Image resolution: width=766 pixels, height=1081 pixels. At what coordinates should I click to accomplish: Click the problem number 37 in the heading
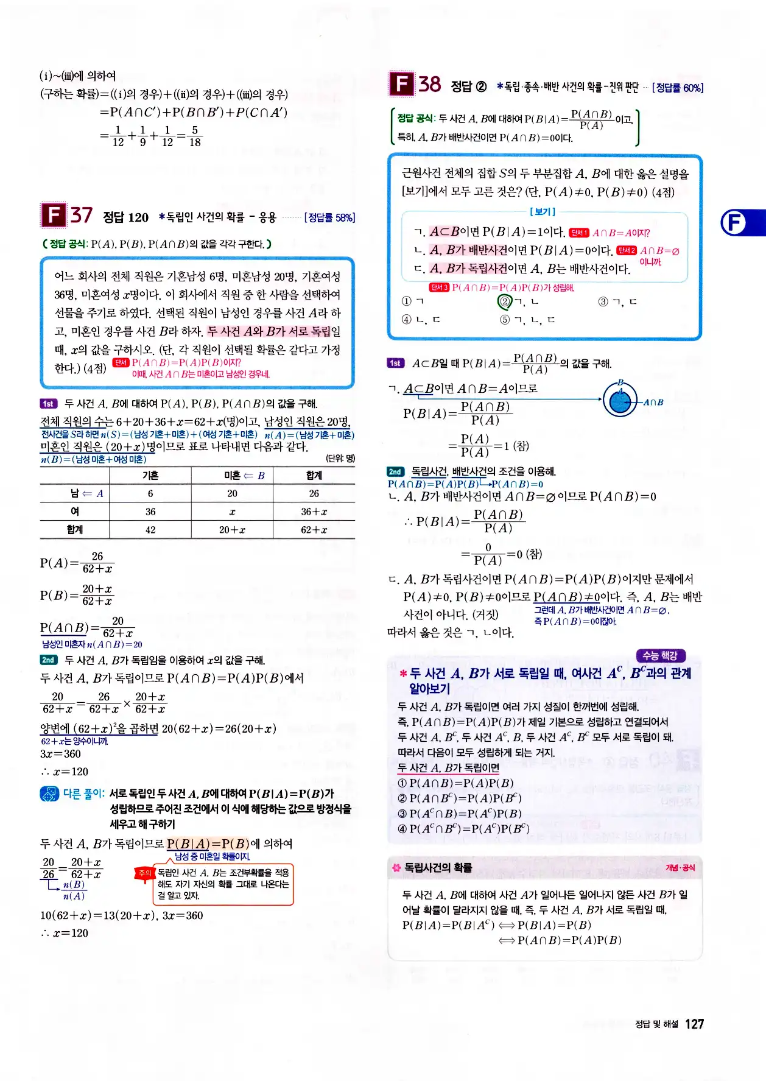pos(81,215)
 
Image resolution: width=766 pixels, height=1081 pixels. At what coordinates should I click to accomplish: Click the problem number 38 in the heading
pos(429,84)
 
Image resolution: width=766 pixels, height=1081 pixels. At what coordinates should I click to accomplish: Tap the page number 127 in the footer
pos(694,1024)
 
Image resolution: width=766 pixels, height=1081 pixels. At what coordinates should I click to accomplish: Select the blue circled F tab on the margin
pos(734,222)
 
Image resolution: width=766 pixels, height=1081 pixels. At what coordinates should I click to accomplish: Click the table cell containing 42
pos(150,530)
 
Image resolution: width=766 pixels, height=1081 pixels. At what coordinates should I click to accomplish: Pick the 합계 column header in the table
pos(314,475)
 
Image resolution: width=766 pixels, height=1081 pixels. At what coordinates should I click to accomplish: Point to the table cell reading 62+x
pos(314,530)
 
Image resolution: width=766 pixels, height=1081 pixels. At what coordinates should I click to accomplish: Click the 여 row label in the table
pos(75,512)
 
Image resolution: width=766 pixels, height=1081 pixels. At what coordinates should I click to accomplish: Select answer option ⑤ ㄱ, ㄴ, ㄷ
pos(527,320)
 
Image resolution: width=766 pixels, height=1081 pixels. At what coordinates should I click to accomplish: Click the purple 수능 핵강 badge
pos(660,655)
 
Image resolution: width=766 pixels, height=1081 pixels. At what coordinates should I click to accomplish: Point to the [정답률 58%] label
pos(329,217)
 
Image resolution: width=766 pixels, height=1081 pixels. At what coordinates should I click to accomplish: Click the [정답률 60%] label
pos(677,88)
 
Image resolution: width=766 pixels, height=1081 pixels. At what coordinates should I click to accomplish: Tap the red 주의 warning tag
pos(144,873)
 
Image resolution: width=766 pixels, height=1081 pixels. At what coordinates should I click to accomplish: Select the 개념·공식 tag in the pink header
pos(680,867)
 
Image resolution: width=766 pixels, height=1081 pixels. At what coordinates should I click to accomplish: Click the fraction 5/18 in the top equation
pos(195,136)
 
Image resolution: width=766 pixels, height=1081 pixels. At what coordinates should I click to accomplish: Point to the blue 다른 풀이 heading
pos(84,794)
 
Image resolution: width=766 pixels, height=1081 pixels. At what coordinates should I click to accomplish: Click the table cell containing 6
pos(150,493)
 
